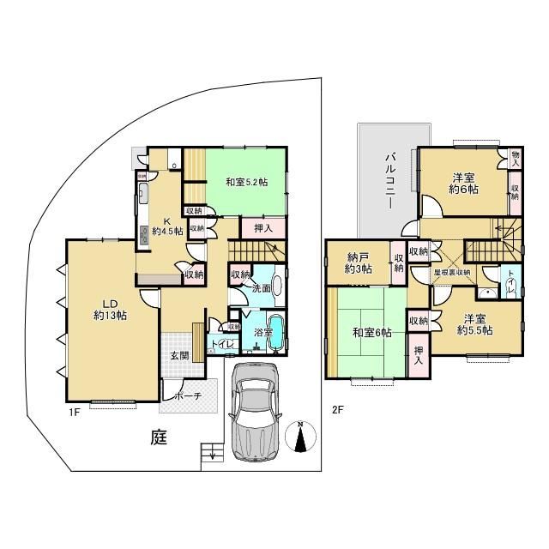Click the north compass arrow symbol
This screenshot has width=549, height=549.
point(299,437)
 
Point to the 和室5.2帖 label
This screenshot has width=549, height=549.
point(247,182)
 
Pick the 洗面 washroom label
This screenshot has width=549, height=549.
point(262,288)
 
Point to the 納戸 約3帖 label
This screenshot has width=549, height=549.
point(359,262)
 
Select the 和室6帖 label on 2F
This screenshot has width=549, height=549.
point(371,333)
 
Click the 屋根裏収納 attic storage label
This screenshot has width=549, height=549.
point(452,272)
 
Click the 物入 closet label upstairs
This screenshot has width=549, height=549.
point(516,158)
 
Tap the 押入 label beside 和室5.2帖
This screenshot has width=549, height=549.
point(263,228)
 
